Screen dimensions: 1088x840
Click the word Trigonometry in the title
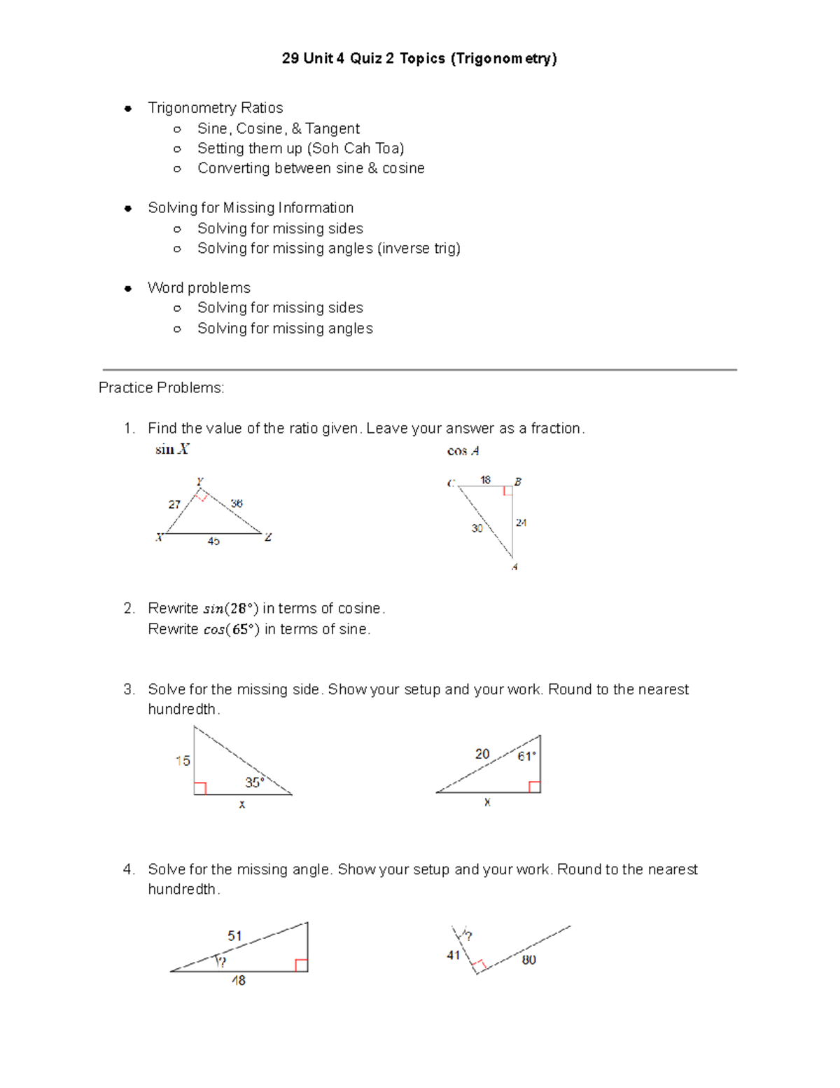(503, 58)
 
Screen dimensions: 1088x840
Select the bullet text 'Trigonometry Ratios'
(215, 108)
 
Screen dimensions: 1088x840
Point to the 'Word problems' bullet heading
(199, 288)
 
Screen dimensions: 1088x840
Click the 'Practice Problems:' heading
(161, 388)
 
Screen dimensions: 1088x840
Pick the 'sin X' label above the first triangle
(171, 450)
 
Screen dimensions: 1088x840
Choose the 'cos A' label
(463, 451)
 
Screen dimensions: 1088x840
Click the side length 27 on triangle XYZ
(174, 504)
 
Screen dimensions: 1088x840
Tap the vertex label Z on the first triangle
(268, 537)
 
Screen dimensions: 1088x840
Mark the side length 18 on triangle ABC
(485, 480)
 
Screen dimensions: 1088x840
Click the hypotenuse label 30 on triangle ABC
(477, 528)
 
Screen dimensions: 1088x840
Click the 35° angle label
(255, 782)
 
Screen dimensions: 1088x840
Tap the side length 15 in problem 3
(183, 761)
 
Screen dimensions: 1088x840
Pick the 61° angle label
(526, 757)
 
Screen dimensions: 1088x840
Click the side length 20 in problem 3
(482, 754)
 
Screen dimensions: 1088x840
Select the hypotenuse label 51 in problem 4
(234, 936)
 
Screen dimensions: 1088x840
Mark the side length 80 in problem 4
(528, 960)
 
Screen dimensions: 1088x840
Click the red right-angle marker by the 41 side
(479, 966)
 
